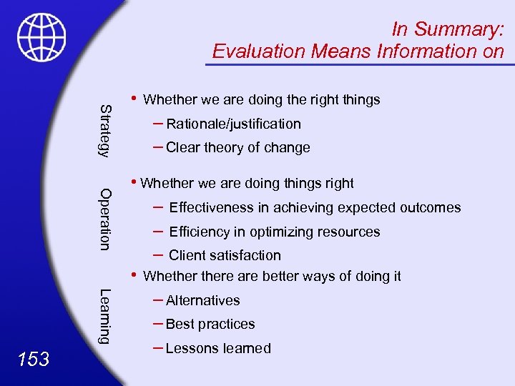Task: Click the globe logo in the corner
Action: click(42, 37)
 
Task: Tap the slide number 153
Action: click(34, 359)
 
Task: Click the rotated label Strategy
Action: click(105, 129)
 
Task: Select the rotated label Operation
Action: click(105, 219)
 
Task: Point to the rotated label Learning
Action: click(105, 315)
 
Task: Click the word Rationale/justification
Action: click(233, 124)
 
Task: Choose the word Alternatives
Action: click(202, 301)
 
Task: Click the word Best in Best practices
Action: click(179, 325)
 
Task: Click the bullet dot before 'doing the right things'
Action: click(134, 97)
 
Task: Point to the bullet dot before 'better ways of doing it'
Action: click(134, 274)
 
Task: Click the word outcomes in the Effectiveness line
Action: click(430, 208)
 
